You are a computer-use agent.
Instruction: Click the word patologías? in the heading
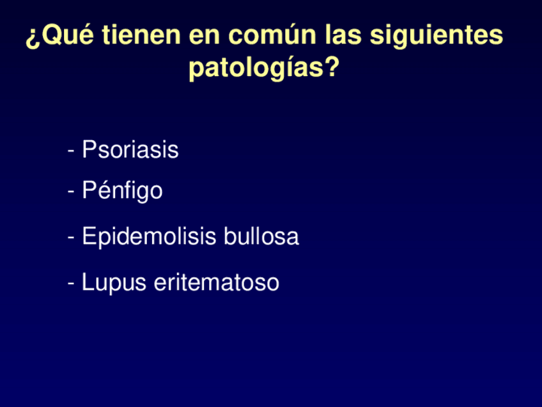coord(263,68)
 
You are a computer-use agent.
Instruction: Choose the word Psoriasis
coord(130,150)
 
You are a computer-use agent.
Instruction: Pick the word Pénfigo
coord(122,191)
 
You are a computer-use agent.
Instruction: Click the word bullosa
coord(261,237)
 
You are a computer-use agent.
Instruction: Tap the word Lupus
coord(114,282)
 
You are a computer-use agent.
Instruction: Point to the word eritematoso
coord(217,282)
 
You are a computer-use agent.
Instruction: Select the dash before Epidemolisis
coord(72,238)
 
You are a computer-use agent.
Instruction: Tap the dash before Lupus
coord(72,283)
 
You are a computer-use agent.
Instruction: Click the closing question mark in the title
coord(331,67)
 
